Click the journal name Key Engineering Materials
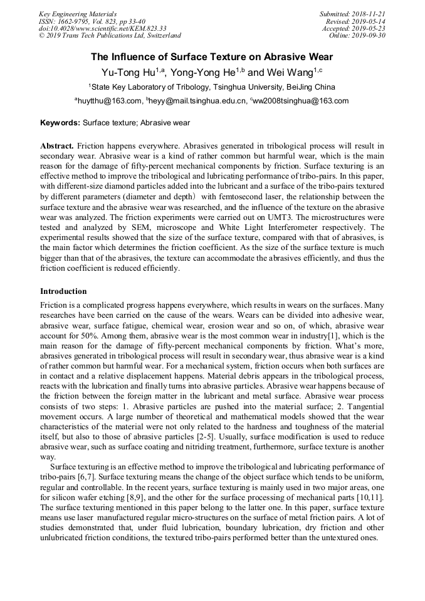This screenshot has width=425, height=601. tap(78, 14)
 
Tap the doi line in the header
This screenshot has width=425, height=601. tap(102, 28)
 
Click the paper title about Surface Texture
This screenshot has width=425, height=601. tap(211, 56)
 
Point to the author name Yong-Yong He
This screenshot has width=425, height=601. tap(208, 72)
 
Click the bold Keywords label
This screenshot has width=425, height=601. tap(60, 123)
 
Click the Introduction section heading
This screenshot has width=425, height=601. tap(63, 291)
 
